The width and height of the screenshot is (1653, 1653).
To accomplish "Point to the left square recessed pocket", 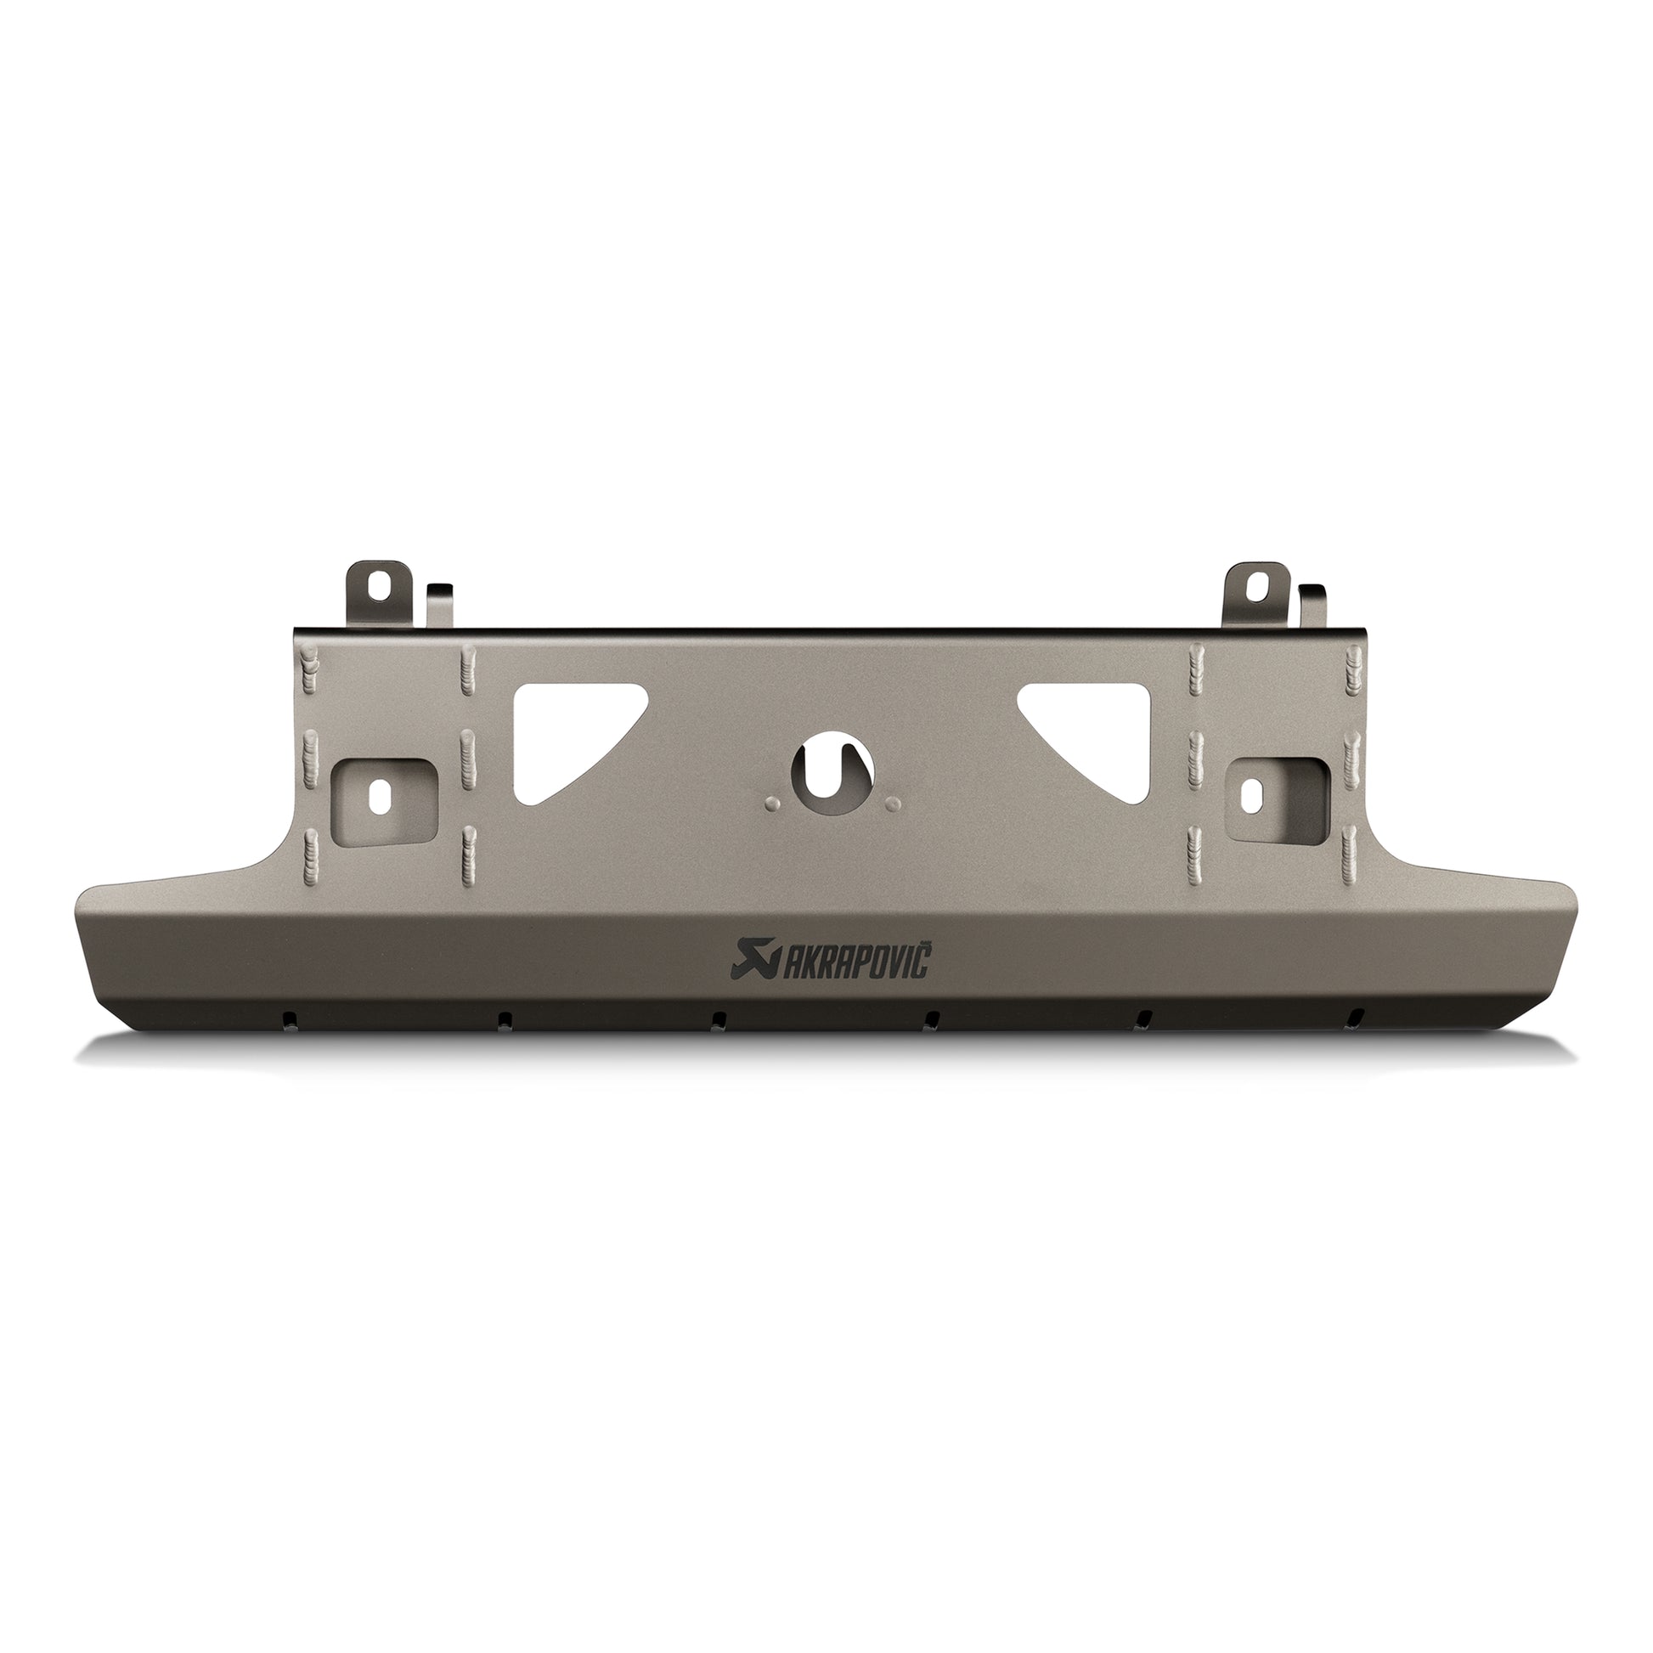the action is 384,793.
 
